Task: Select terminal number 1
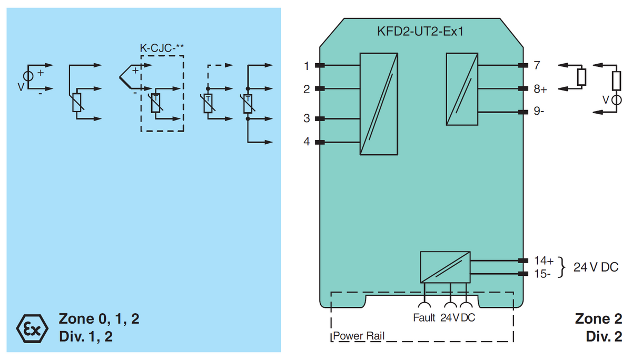pyautogui.click(x=307, y=66)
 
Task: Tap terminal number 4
pyautogui.click(x=307, y=142)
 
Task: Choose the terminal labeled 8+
pyautogui.click(x=540, y=89)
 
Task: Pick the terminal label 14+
pyautogui.click(x=544, y=261)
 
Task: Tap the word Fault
pyautogui.click(x=424, y=318)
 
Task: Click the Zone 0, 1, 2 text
pyautogui.click(x=99, y=318)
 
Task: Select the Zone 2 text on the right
pyautogui.click(x=599, y=318)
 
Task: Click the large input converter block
pyautogui.click(x=378, y=104)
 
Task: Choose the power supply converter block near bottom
pyautogui.click(x=445, y=267)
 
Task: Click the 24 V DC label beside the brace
pyautogui.click(x=596, y=267)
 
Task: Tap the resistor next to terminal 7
pyautogui.click(x=581, y=77)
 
